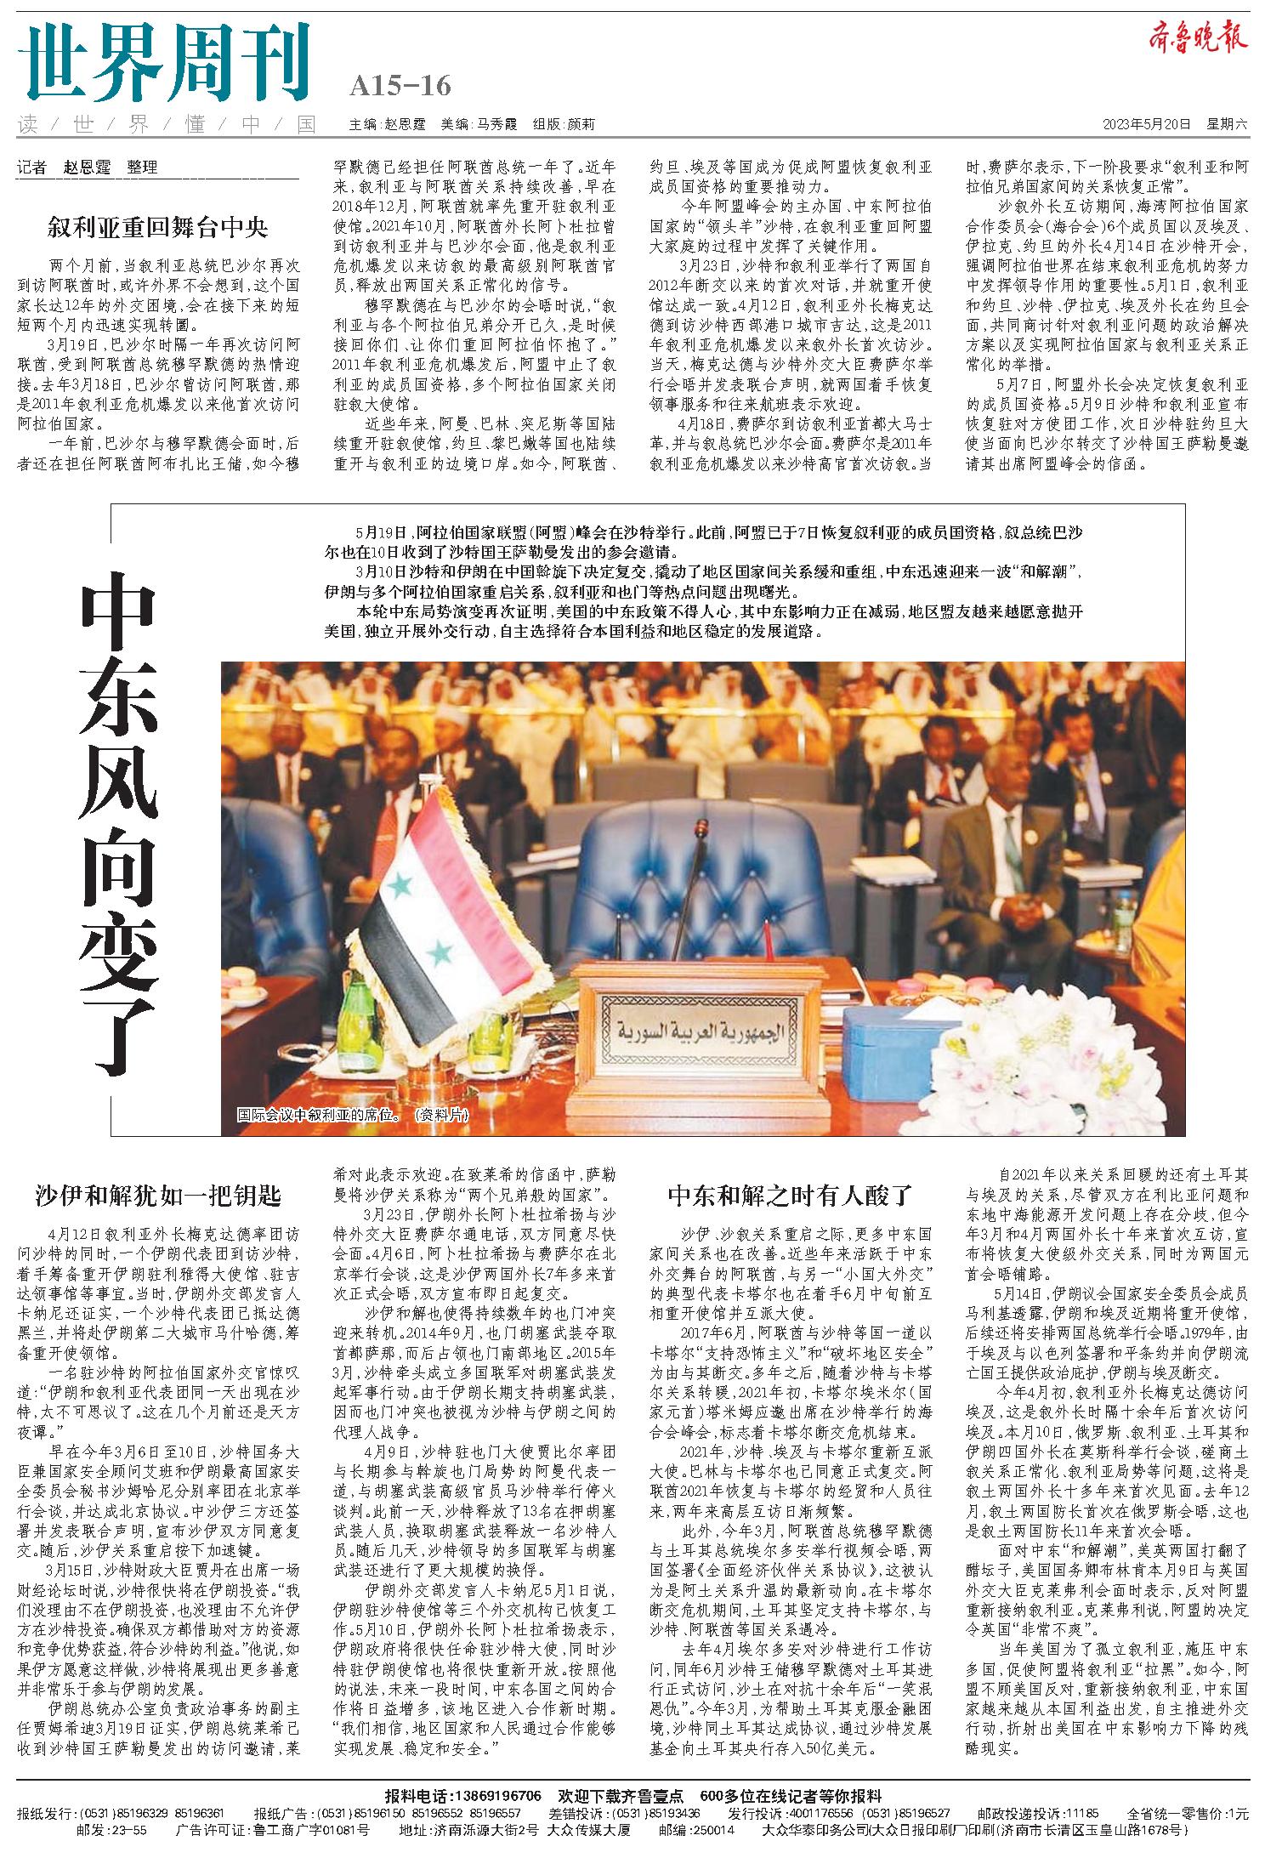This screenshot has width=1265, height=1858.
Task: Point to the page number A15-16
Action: click(400, 86)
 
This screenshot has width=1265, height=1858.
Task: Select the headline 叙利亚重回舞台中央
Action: click(158, 228)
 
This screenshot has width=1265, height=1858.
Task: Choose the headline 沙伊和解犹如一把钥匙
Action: click(158, 1196)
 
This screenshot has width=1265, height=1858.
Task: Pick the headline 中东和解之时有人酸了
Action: click(790, 1196)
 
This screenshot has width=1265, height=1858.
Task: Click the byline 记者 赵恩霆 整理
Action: click(88, 168)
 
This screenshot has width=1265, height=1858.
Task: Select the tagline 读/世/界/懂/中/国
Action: click(166, 125)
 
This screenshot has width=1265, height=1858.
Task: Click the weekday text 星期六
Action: click(1227, 124)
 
